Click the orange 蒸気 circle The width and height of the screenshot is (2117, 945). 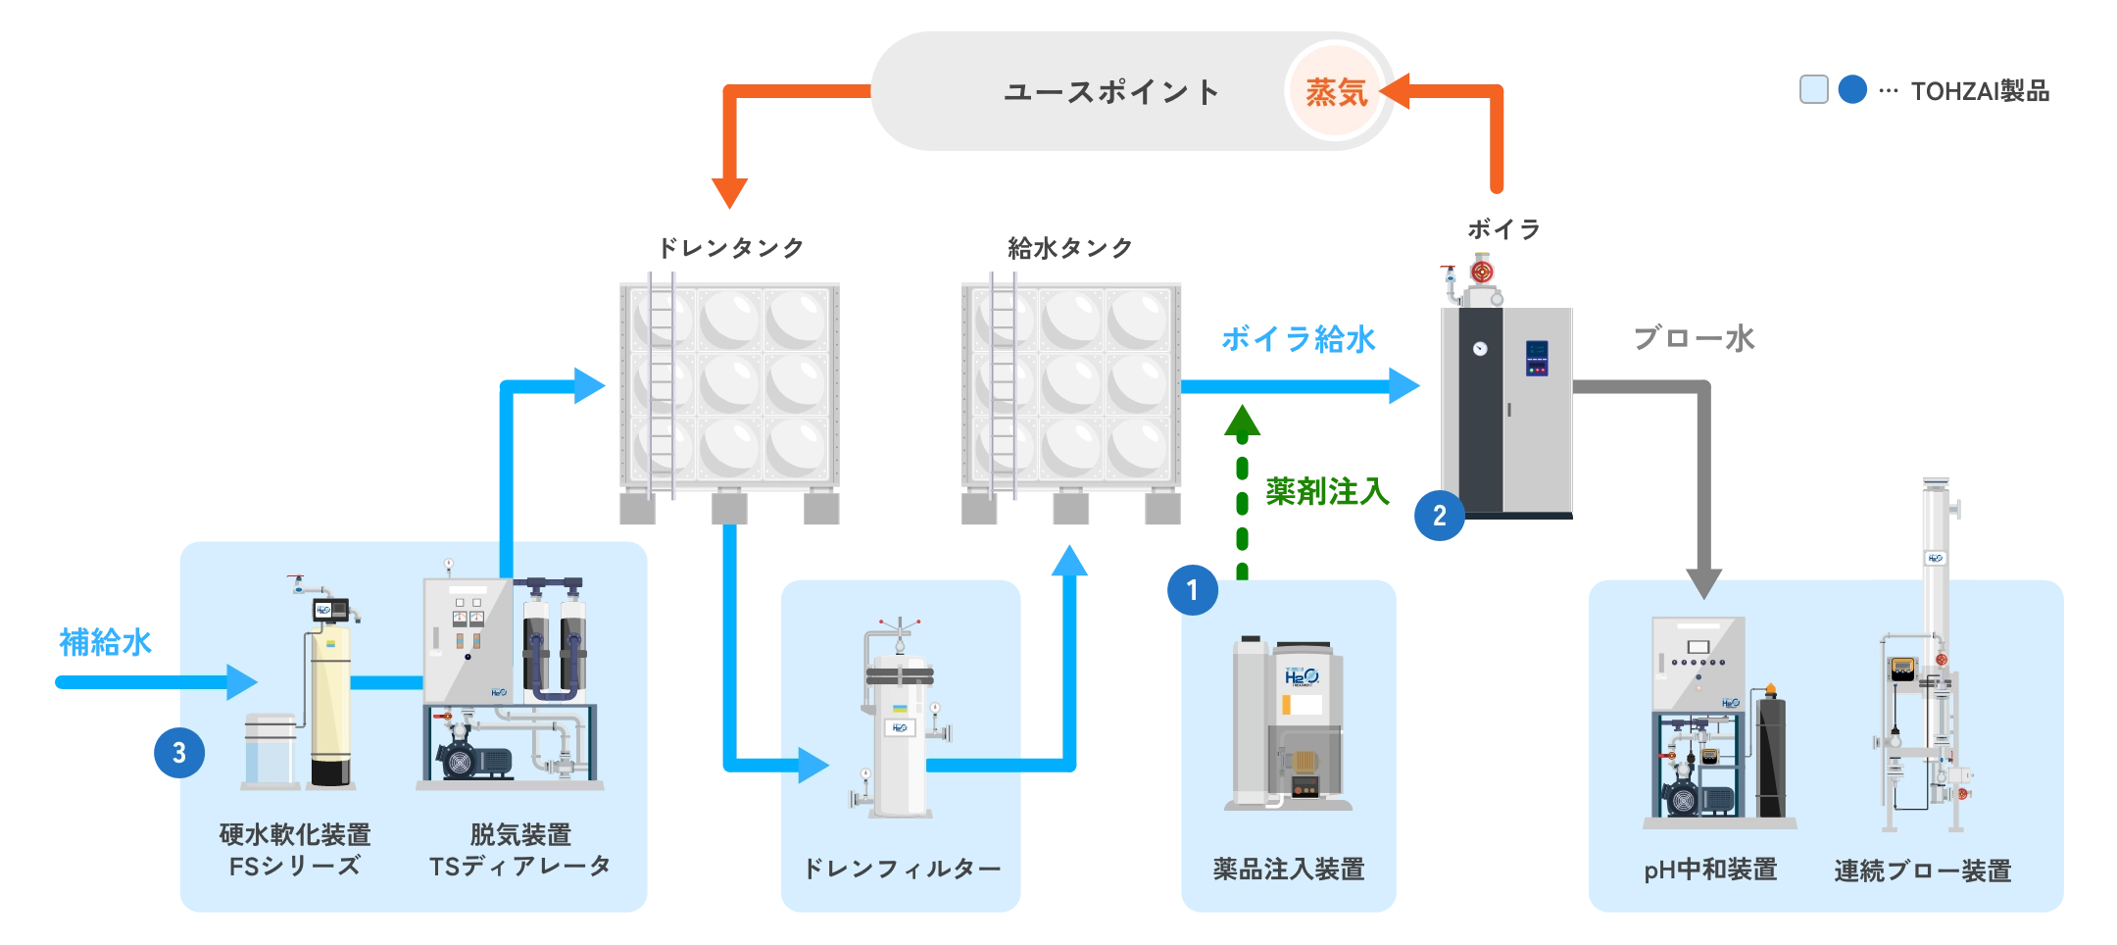click(x=1335, y=92)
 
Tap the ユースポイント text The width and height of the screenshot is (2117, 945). click(x=1111, y=92)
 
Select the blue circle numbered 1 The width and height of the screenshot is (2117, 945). click(x=1191, y=590)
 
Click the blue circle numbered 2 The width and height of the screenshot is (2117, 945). click(x=1439, y=516)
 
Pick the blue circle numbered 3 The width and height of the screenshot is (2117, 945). click(x=178, y=753)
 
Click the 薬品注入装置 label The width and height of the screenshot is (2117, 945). click(x=1289, y=869)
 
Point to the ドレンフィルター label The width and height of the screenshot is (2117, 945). click(x=902, y=869)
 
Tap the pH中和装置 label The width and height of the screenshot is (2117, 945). click(x=1710, y=870)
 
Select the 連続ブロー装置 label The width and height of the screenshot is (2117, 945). click(x=1922, y=870)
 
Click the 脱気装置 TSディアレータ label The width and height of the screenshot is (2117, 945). click(x=520, y=850)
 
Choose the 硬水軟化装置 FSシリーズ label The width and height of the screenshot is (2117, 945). click(x=295, y=850)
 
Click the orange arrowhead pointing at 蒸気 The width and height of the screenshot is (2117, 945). click(x=1396, y=91)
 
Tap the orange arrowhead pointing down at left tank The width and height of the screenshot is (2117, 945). click(x=729, y=190)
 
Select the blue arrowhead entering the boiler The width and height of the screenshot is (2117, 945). click(x=1405, y=385)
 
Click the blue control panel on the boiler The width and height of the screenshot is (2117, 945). click(x=1537, y=358)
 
